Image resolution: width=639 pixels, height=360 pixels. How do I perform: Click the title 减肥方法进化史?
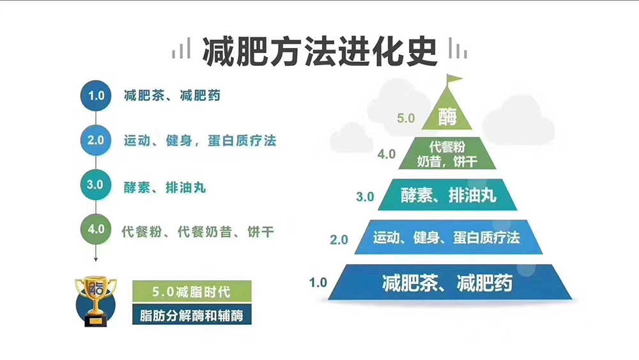[320, 52]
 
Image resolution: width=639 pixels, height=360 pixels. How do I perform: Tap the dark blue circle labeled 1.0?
[96, 95]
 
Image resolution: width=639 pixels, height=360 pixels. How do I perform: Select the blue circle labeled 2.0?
[96, 140]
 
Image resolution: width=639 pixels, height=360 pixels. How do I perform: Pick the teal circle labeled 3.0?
[96, 185]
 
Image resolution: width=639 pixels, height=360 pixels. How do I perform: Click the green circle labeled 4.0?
[96, 229]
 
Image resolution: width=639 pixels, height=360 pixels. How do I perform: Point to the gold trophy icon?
[96, 301]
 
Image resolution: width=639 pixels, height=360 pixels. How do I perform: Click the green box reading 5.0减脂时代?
[192, 292]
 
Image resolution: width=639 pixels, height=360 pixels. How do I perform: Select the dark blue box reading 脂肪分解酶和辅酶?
[192, 315]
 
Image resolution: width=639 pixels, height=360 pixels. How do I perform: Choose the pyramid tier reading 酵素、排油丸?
[447, 195]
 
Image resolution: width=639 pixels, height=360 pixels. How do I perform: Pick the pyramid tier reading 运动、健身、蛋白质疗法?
[449, 237]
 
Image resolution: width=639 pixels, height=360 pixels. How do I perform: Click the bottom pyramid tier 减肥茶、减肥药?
[450, 282]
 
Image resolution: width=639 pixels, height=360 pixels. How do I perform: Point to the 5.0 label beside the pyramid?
[406, 118]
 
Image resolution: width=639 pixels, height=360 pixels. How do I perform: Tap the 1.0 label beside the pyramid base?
[318, 282]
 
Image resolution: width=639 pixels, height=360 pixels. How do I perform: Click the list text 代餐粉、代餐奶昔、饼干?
[197, 232]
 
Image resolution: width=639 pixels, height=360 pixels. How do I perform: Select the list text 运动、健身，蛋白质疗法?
[200, 141]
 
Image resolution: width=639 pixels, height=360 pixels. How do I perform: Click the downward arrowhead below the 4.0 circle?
[96, 260]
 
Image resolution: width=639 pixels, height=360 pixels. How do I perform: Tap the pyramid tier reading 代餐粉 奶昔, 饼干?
[447, 153]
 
